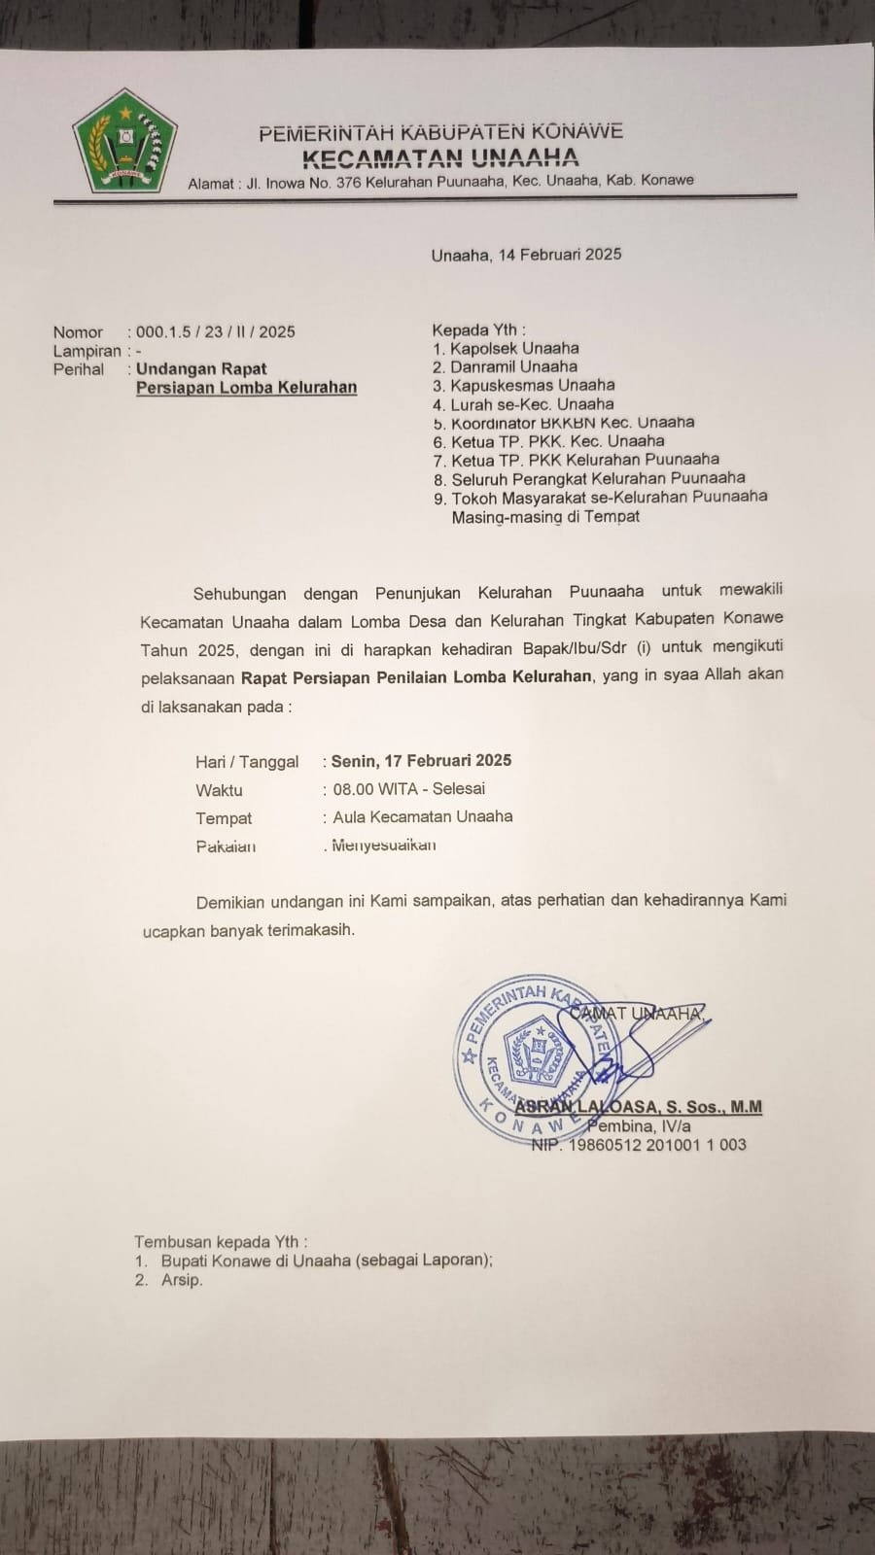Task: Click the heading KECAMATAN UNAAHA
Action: [439, 157]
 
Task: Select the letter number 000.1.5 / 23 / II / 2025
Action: [215, 331]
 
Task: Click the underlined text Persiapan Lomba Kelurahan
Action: [246, 387]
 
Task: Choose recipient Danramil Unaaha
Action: [513, 366]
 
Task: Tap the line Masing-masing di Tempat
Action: [545, 516]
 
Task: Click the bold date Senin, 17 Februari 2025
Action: [421, 761]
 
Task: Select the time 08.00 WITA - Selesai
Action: [408, 789]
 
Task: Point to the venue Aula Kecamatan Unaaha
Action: [422, 816]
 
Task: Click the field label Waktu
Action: [219, 790]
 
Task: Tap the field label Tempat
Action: [224, 818]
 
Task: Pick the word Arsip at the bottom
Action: [182, 1280]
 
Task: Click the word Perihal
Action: [79, 369]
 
